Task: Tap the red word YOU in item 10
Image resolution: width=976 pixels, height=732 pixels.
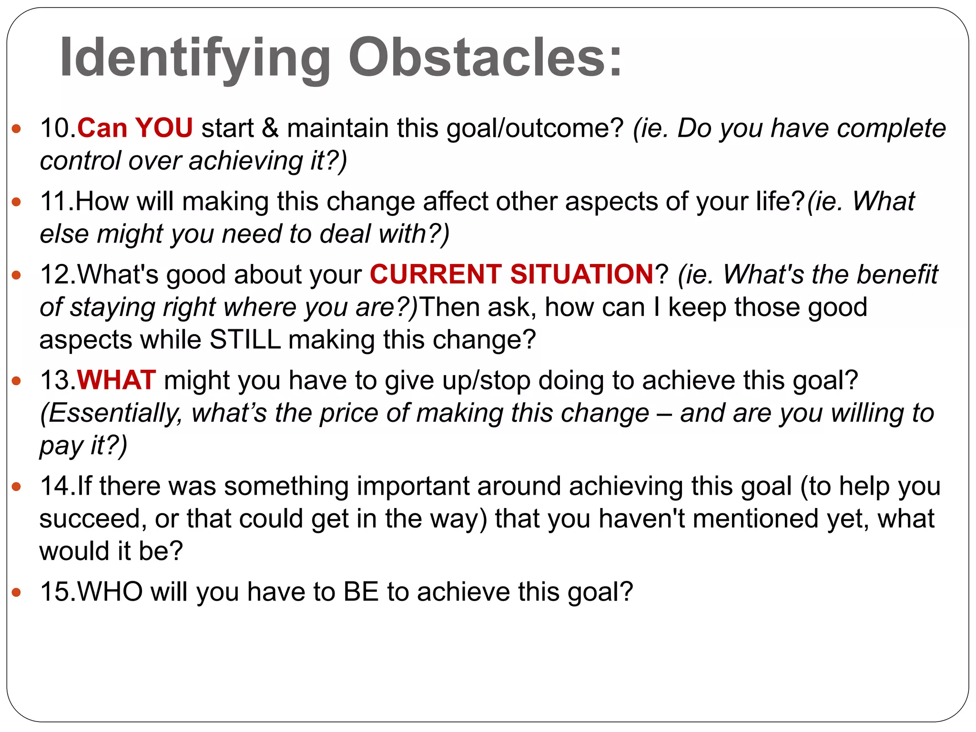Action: [x=164, y=128]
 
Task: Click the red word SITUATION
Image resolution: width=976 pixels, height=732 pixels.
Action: [x=582, y=274]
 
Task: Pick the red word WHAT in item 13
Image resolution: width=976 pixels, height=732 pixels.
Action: [x=117, y=380]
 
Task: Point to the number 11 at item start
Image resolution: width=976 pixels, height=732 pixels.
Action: [x=56, y=201]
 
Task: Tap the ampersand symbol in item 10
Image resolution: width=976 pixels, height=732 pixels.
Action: [x=270, y=128]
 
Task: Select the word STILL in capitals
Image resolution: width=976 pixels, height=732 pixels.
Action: [x=245, y=340]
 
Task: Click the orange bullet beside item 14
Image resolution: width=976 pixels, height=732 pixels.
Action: [x=17, y=487]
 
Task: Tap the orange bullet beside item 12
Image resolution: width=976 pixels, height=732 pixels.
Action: [x=17, y=275]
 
